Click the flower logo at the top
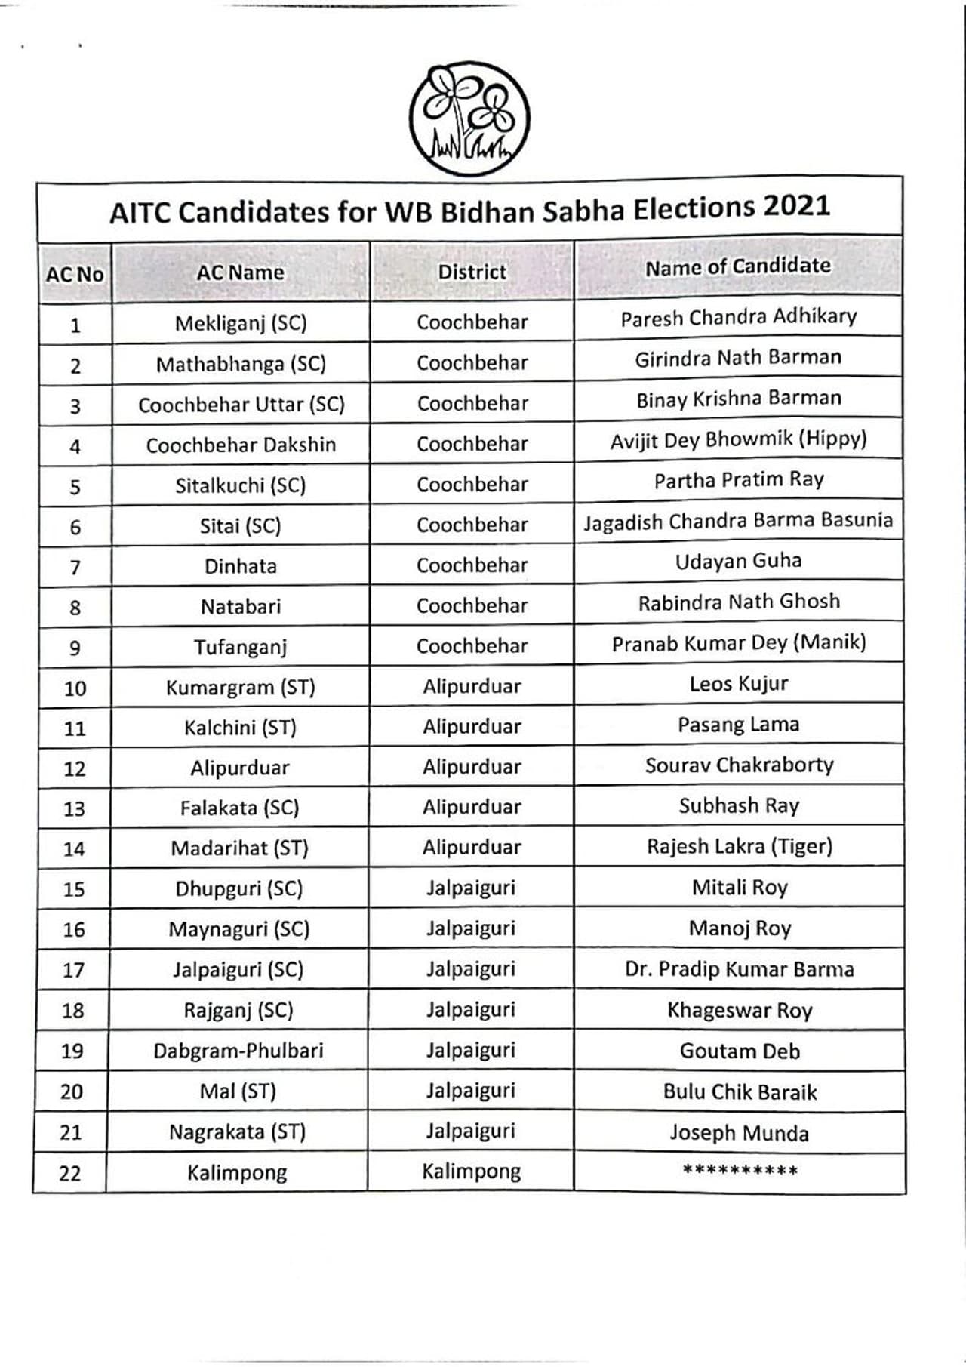pos(469,119)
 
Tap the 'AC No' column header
pos(74,274)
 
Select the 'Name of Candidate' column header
pos(737,266)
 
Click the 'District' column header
pos(472,272)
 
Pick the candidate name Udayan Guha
pos(738,561)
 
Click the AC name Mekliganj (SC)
pos(241,324)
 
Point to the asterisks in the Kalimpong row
pos(740,1171)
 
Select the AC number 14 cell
pos(74,849)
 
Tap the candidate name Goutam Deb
pos(740,1051)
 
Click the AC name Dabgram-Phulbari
pos(238,1051)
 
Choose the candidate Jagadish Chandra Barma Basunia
pos(737,521)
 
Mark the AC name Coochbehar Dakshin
pos(241,445)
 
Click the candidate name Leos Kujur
pos(738,684)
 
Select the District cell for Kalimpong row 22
pos(471,1171)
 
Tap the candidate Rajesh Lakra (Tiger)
pos(739,846)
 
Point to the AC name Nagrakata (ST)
pos(237,1132)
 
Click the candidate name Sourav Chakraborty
pos(739,765)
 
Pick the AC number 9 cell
pos(75,648)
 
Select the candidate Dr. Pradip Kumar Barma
pos(739,969)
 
